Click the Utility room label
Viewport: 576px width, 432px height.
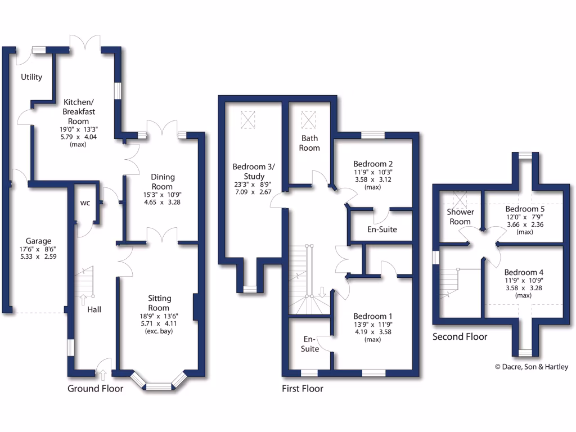click(x=31, y=77)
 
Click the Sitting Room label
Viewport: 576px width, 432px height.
click(x=159, y=303)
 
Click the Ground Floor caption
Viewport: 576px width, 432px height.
click(x=95, y=389)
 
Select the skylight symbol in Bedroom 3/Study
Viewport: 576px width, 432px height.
click(x=247, y=119)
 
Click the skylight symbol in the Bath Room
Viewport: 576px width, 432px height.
click(x=309, y=119)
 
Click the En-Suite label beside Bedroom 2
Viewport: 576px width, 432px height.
click(x=382, y=229)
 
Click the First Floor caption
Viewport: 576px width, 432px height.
click(x=303, y=389)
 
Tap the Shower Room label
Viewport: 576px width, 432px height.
click(x=460, y=217)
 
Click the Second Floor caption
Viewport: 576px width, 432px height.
click(x=460, y=337)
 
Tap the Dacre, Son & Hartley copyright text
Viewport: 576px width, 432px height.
click(x=532, y=367)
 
